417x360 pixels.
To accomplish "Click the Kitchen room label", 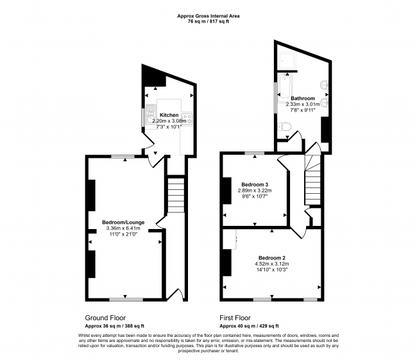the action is tap(169, 115).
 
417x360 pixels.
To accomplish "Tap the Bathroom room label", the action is tap(303, 98).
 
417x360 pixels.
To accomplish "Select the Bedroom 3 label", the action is tap(255, 184).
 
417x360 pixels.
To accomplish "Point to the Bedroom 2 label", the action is tap(272, 258).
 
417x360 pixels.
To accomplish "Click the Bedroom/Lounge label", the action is tap(123, 222).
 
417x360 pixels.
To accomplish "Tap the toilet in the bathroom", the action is tap(284, 126).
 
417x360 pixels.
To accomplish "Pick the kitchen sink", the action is tap(151, 113).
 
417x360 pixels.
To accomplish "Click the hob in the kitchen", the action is tap(187, 119).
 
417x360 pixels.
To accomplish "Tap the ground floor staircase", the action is tap(176, 195).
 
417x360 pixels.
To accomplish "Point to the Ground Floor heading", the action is tap(105, 318).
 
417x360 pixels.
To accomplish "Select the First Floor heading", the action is tap(235, 318).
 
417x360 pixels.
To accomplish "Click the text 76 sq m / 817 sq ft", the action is tap(208, 22).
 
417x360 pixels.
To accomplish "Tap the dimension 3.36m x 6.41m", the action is tap(123, 228).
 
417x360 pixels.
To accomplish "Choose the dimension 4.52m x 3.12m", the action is tap(272, 264).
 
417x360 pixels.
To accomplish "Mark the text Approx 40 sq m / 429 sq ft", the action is tap(249, 326).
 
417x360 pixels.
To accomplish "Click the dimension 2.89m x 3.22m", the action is tap(255, 191).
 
